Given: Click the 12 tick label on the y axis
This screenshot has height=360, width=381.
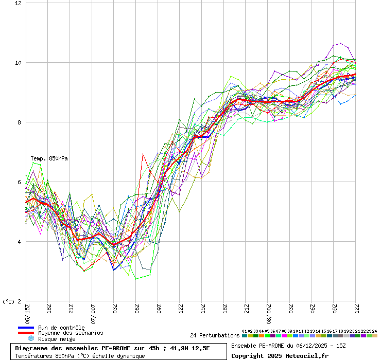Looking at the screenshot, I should (x=18, y=3).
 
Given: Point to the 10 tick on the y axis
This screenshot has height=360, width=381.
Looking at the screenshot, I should (x=18, y=63).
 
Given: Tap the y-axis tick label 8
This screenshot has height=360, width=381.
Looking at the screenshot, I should (x=19, y=122).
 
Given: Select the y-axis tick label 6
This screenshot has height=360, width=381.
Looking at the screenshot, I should (x=19, y=182).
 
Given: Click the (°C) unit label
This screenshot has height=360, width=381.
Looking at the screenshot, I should (x=9, y=301).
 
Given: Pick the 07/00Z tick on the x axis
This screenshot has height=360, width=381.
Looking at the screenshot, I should (x=93, y=313).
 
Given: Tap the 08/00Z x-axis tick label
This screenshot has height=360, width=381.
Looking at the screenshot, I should (x=269, y=313).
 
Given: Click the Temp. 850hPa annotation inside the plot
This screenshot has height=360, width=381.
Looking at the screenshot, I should (x=49, y=158).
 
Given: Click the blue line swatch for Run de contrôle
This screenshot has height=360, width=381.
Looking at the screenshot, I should (x=26, y=328).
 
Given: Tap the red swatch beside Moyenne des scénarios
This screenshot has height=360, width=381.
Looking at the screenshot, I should (x=26, y=333).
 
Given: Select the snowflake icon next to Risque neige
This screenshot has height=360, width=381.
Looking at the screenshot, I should (x=31, y=339).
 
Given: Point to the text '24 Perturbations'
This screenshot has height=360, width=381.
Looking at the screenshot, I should (x=215, y=336).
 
